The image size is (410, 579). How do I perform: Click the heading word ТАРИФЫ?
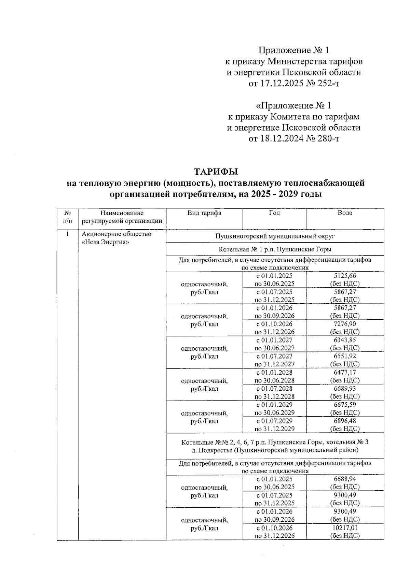pyautogui.click(x=216, y=171)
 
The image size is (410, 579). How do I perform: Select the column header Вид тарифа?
pyautogui.click(x=204, y=213)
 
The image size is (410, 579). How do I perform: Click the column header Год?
pyautogui.click(x=274, y=213)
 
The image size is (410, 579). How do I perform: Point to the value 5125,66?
pyautogui.click(x=344, y=276)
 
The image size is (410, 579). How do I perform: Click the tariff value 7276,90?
pyautogui.click(x=344, y=324)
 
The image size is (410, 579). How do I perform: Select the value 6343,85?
pyautogui.click(x=344, y=340)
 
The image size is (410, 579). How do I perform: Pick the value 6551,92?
pyautogui.click(x=344, y=356)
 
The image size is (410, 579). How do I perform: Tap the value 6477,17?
pyautogui.click(x=344, y=372)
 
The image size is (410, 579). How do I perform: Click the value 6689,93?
pyautogui.click(x=344, y=388)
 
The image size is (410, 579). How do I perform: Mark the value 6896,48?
pyautogui.click(x=344, y=421)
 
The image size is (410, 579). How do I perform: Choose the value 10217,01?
pyautogui.click(x=344, y=527)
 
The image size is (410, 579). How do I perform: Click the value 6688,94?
pyautogui.click(x=344, y=479)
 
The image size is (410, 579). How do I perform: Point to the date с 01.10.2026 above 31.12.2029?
pyautogui.click(x=274, y=324)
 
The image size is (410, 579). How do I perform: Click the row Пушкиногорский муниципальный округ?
pyautogui.click(x=275, y=236)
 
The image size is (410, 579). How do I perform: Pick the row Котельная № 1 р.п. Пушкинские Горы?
pyautogui.click(x=275, y=249)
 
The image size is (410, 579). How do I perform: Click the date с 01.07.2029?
pyautogui.click(x=274, y=421)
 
